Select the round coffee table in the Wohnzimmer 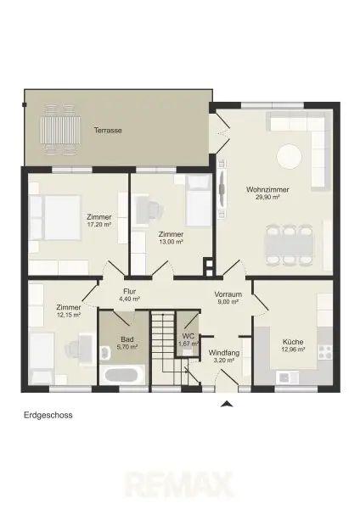point(289,157)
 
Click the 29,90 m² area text point(263,197)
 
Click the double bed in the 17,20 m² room point(51,217)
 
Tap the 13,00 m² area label point(171,242)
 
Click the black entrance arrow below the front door point(225,404)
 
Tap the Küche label point(294,342)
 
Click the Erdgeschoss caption point(48,417)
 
